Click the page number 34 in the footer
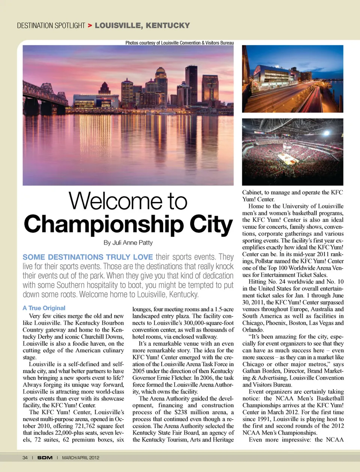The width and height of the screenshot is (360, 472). pos(25,457)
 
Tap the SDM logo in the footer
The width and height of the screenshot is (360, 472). pos(45,457)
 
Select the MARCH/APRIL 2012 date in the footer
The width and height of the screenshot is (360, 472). pos(81,457)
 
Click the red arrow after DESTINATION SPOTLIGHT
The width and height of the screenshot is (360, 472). pos(90,25)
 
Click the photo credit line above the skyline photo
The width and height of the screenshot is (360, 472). pos(179,43)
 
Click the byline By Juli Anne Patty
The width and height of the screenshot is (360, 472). pos(128,243)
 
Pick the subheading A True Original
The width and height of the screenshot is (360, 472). pos(44,308)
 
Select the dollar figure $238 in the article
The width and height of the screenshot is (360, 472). pos(181,412)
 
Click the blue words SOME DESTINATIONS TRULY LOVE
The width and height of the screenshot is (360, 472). pos(88,257)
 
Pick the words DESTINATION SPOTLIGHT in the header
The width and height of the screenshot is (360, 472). pos(51,25)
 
